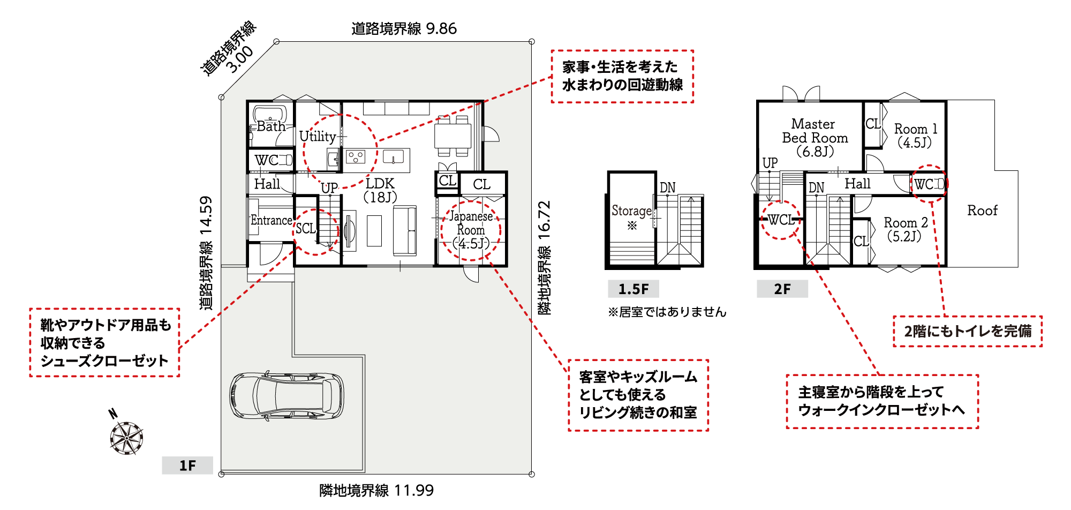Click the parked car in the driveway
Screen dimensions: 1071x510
pos(286,395)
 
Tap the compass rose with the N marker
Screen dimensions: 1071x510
pos(126,437)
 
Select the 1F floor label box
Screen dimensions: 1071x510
pos(187,465)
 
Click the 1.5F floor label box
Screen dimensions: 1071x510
pos(633,289)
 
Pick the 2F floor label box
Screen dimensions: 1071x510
pos(782,289)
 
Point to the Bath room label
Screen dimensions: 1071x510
pos(271,126)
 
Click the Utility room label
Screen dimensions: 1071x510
pos(318,137)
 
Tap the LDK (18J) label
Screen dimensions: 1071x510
pos(380,190)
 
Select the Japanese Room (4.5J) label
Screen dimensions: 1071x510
pos(471,230)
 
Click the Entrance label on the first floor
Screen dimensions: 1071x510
pos(271,220)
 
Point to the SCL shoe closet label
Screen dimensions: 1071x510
pos(306,229)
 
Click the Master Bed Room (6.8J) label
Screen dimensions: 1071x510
pos(814,138)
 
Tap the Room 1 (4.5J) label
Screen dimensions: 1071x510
pos(916,136)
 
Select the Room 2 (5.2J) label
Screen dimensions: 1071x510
pos(906,229)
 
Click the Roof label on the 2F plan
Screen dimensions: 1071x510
pos(982,211)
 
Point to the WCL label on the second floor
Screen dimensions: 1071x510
pos(781,220)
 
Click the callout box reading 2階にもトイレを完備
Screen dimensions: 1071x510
pos(968,331)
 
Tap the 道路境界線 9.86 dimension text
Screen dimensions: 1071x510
pos(404,28)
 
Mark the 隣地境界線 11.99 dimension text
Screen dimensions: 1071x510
pos(376,490)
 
